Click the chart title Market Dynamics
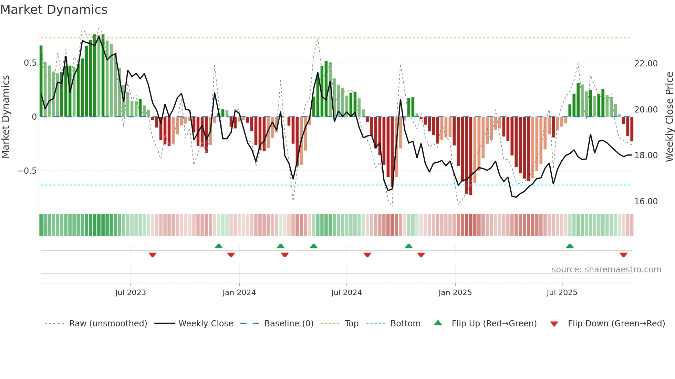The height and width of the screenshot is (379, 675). pyautogui.click(x=54, y=10)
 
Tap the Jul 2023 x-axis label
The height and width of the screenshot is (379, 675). pyautogui.click(x=131, y=293)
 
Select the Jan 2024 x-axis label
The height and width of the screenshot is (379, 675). pyautogui.click(x=239, y=293)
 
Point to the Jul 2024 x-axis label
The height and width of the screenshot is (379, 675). pyautogui.click(x=346, y=293)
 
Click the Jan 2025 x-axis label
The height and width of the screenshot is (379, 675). pyautogui.click(x=455, y=293)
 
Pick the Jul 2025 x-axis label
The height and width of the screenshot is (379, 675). pyautogui.click(x=562, y=293)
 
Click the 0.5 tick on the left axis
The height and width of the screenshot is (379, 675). pyautogui.click(x=30, y=63)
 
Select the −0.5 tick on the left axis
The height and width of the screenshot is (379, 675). pyautogui.click(x=27, y=171)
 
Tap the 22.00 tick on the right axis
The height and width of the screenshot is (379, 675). pyautogui.click(x=646, y=64)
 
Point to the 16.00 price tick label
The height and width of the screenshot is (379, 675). pyautogui.click(x=646, y=202)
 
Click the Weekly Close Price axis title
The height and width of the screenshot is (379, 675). pyautogui.click(x=669, y=117)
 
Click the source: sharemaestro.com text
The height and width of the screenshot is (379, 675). pyautogui.click(x=606, y=270)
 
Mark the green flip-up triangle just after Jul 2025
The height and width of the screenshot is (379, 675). pyautogui.click(x=570, y=246)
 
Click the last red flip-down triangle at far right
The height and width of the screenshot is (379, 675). pyautogui.click(x=623, y=255)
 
